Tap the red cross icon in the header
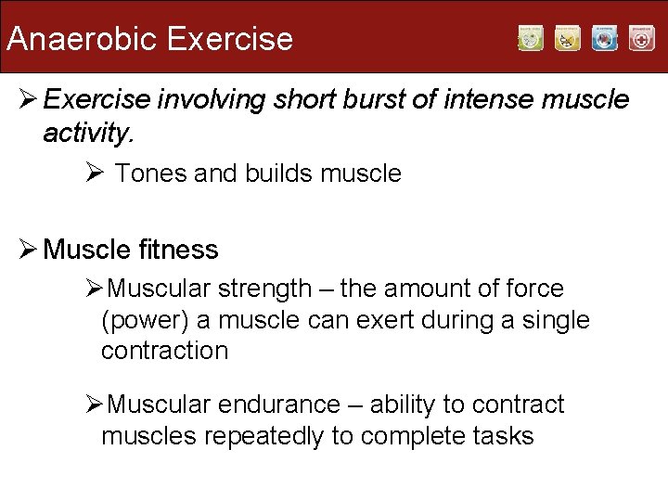pyautogui.click(x=641, y=38)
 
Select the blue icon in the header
pyautogui.click(x=605, y=38)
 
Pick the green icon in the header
pyautogui.click(x=531, y=38)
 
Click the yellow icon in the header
pyautogui.click(x=568, y=38)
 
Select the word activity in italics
pyautogui.click(x=88, y=134)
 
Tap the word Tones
pyautogui.click(x=151, y=173)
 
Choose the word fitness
pyautogui.click(x=176, y=250)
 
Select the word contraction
pyautogui.click(x=164, y=351)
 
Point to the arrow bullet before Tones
pyautogui.click(x=93, y=173)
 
